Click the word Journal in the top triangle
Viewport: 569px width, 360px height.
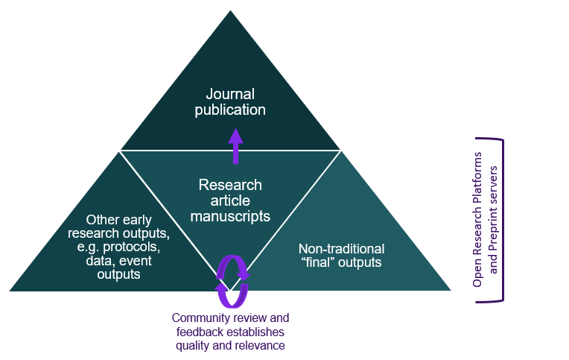(x=230, y=95)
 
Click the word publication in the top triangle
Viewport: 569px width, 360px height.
(x=230, y=110)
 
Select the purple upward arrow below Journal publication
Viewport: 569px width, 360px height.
(x=235, y=146)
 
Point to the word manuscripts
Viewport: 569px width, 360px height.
(x=230, y=216)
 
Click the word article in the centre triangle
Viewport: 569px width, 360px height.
(x=230, y=201)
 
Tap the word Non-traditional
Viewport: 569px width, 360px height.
(x=341, y=248)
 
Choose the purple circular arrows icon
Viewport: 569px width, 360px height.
(x=232, y=282)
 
